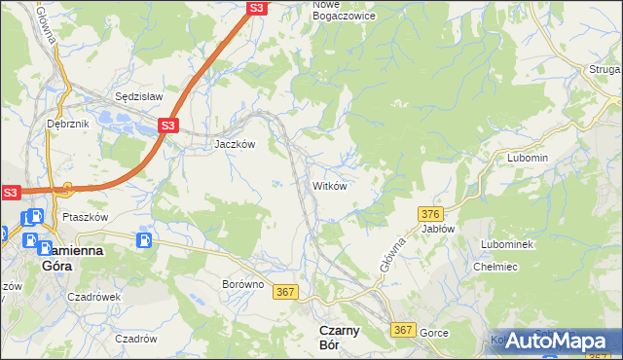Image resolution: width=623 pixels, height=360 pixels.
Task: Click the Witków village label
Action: (329, 185)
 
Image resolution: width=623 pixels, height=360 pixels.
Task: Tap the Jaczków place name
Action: (235, 143)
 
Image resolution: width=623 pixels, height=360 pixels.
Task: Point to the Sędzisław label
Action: (138, 97)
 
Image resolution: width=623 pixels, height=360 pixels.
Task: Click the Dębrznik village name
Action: (67, 125)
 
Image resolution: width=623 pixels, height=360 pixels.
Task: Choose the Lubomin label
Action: (528, 158)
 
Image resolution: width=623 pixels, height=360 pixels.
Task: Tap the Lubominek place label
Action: (507, 244)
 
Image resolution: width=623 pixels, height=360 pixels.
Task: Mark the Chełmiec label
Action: (494, 267)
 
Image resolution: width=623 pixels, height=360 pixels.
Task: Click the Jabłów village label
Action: (438, 229)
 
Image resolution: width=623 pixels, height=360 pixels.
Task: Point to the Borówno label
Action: (242, 285)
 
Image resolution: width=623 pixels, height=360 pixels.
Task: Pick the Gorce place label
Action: (434, 333)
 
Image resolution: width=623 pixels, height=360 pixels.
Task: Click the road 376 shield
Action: (432, 213)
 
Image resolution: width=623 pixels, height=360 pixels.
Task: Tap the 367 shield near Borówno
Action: (285, 292)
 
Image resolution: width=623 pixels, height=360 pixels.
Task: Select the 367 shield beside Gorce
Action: (404, 331)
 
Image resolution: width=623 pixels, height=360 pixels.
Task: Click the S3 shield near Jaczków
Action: (168, 126)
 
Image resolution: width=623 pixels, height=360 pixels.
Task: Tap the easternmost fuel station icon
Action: (145, 239)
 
